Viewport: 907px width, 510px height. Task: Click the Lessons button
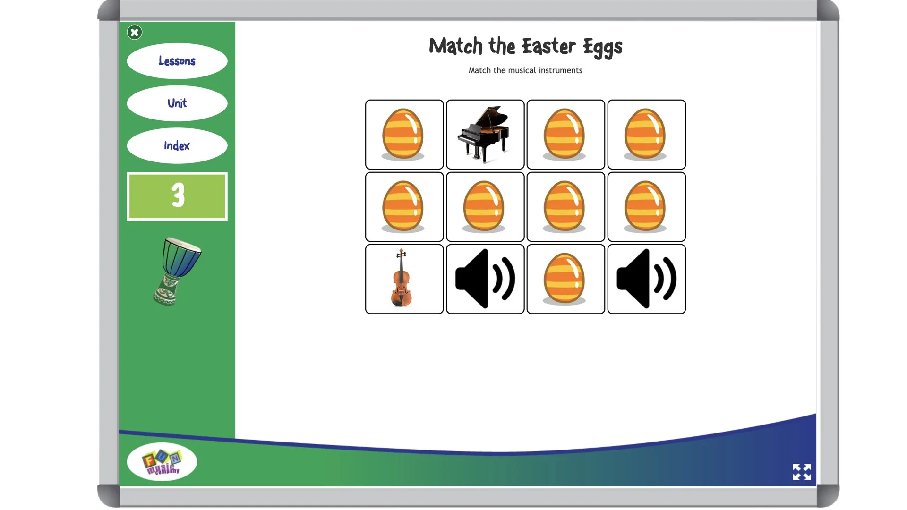[x=177, y=61]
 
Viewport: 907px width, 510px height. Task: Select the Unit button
[x=177, y=103]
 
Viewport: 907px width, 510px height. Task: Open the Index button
[x=177, y=145]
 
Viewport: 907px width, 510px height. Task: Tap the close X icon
[x=135, y=32]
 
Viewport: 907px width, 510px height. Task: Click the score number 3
[x=177, y=196]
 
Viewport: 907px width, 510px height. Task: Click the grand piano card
[x=485, y=135]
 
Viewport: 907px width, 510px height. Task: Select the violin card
[x=404, y=279]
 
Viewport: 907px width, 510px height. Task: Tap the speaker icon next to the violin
[x=485, y=279]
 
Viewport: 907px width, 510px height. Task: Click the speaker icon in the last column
[x=646, y=279]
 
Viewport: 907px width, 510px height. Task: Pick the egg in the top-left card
[x=404, y=135]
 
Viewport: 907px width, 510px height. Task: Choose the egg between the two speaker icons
[x=565, y=279]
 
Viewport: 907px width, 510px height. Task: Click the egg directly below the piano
[x=485, y=207]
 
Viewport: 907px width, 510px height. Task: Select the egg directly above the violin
[x=404, y=207]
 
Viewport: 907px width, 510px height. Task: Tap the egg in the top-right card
[x=646, y=135]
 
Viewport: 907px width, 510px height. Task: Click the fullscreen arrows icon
[x=802, y=472]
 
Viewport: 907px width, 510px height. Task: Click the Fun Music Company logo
[x=162, y=461]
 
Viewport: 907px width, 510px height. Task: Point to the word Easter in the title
[x=548, y=46]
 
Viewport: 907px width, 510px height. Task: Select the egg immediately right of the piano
[x=565, y=135]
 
